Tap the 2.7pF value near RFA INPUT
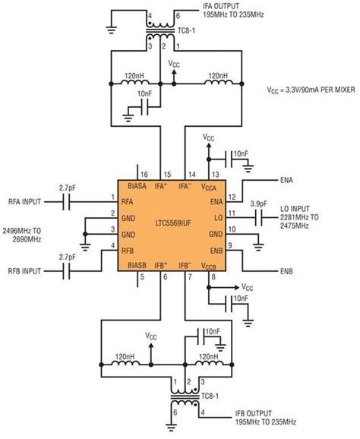point(66,187)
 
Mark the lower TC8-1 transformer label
point(210,397)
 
